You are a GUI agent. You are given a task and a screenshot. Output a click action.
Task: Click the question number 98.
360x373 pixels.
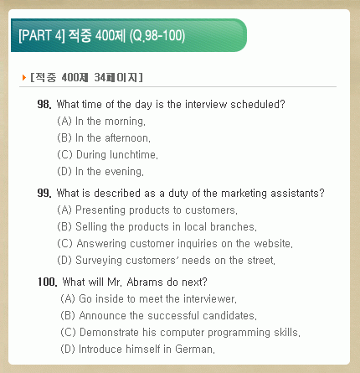(44, 104)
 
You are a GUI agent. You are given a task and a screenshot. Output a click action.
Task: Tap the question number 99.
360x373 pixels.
(44, 193)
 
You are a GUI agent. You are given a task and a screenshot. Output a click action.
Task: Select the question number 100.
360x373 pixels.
(48, 282)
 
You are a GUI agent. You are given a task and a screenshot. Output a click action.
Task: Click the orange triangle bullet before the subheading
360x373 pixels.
(24, 77)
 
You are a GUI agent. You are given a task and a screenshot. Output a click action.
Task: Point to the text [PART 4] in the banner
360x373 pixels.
(42, 36)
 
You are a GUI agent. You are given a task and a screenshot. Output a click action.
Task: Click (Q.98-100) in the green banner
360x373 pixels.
(157, 36)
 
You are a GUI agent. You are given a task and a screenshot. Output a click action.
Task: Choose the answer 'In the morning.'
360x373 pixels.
(111, 122)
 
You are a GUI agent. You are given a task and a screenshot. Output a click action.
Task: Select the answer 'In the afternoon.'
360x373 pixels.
(113, 138)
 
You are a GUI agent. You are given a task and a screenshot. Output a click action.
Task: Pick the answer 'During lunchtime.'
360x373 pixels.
(117, 155)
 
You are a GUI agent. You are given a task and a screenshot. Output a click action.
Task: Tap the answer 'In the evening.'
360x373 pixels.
(110, 172)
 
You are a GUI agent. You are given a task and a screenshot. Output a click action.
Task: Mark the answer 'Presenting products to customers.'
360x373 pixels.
(157, 210)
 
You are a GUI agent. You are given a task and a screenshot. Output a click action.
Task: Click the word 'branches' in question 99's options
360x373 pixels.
(232, 227)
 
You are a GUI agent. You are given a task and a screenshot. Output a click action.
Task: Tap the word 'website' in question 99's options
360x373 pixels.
(272, 243)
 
